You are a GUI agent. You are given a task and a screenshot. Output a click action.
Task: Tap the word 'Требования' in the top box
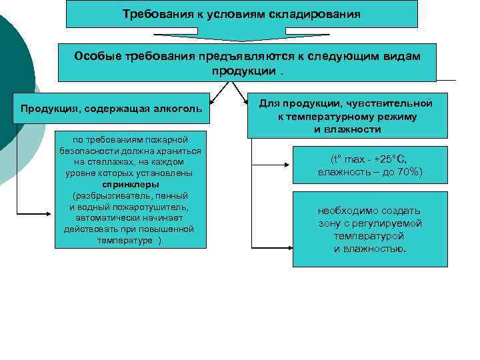(x=152, y=13)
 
